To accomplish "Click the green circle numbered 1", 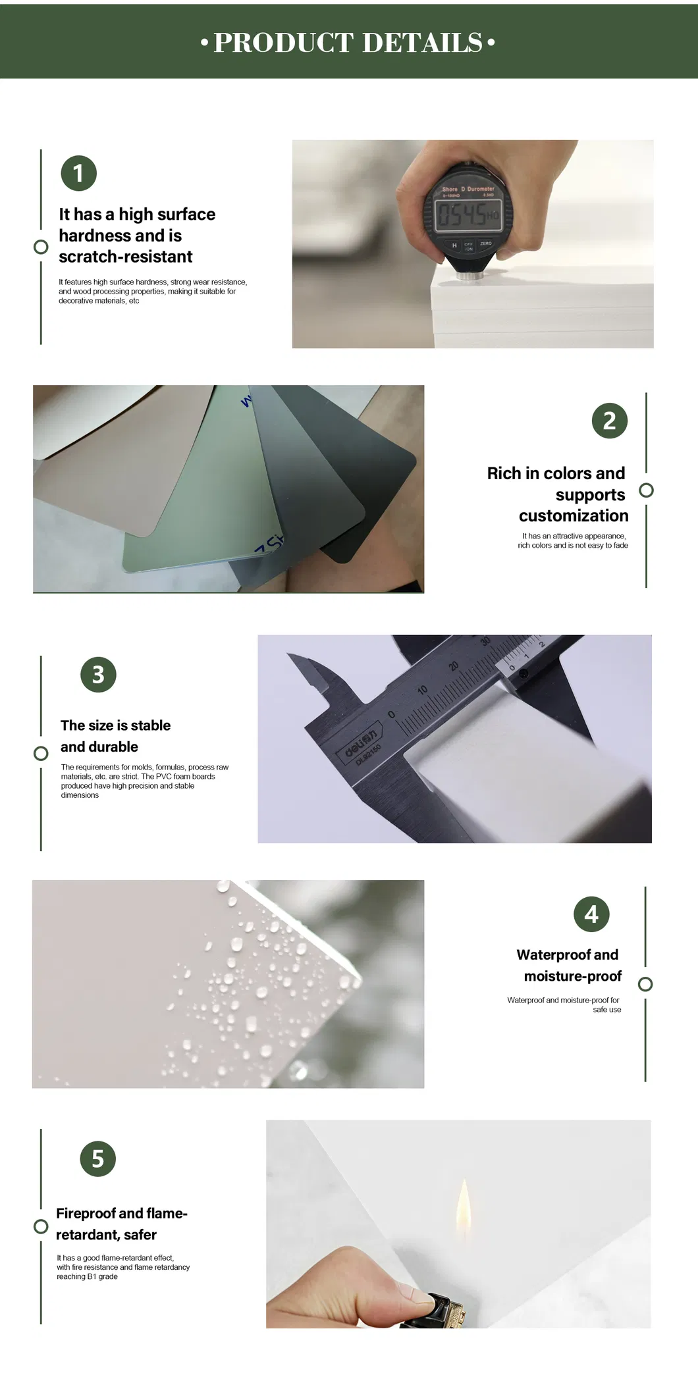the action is (78, 173).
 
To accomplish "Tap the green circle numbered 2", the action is (609, 421).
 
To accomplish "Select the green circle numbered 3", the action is (98, 675).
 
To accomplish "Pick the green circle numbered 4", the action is (591, 914).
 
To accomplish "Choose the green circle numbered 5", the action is (98, 1159).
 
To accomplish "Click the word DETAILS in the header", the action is (422, 43).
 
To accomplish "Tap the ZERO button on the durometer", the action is (486, 244).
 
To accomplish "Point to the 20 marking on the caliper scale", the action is (454, 666).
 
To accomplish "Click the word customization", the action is (574, 516).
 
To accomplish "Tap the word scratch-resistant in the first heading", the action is (126, 257).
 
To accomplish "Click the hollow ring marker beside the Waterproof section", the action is (645, 984).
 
